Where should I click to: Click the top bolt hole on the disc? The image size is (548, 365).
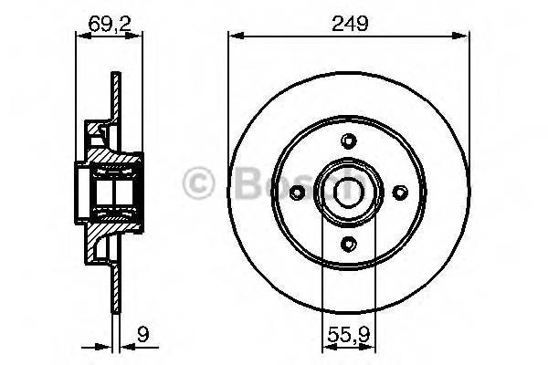point(348,140)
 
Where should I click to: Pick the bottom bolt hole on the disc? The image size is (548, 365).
point(348,243)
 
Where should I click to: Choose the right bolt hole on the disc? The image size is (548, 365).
point(399,191)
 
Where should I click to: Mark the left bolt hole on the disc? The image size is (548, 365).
point(297,191)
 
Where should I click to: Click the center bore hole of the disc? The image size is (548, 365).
point(348,191)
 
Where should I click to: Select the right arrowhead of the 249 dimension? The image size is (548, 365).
point(463,36)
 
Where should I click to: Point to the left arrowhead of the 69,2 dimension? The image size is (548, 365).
point(77,36)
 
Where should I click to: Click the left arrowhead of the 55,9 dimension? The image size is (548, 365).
point(327,347)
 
